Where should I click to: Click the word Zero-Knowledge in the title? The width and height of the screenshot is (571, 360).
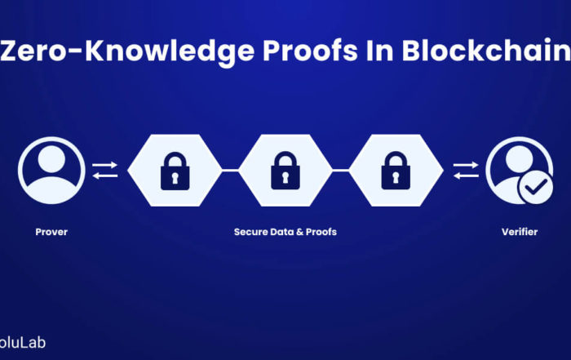click(127, 51)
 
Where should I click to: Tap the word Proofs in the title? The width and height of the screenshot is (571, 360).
click(310, 51)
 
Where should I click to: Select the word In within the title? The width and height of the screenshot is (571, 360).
click(379, 51)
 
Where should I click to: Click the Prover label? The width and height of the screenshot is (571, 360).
click(51, 232)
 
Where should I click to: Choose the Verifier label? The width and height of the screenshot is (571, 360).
click(520, 232)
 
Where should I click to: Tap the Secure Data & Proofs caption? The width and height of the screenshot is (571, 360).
click(285, 232)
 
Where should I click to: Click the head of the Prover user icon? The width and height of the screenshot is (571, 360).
click(51, 159)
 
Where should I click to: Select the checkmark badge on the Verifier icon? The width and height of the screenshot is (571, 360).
click(536, 187)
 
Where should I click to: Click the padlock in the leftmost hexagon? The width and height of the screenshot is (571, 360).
click(175, 171)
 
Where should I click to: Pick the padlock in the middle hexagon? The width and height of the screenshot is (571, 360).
click(285, 171)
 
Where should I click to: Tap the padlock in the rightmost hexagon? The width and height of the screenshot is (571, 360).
click(396, 171)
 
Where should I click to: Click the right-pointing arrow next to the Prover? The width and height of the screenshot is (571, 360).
click(105, 165)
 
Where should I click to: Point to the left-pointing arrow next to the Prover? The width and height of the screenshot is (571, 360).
click(105, 176)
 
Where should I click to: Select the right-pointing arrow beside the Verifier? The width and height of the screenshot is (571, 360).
click(466, 165)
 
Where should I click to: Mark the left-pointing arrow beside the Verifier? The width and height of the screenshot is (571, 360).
click(466, 176)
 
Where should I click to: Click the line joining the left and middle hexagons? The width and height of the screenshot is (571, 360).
click(230, 170)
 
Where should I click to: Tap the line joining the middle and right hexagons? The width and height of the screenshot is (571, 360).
click(341, 170)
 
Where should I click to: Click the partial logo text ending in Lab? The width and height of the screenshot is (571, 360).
click(23, 343)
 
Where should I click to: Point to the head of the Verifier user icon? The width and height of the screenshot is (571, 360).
click(520, 159)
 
